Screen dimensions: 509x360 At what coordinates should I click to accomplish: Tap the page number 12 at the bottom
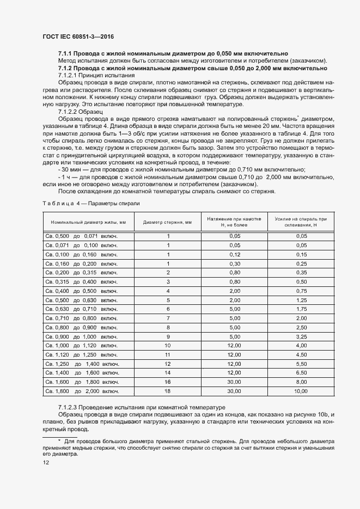46,463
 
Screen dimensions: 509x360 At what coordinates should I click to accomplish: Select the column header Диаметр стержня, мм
167,222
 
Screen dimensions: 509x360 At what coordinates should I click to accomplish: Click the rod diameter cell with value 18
168,391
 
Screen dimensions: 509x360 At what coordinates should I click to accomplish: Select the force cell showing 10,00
301,391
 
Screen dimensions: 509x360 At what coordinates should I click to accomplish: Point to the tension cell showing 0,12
235,254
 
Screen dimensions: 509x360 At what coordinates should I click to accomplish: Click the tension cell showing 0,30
235,263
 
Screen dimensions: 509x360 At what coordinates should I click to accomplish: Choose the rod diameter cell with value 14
168,372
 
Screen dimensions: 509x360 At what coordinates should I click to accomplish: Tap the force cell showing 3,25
301,336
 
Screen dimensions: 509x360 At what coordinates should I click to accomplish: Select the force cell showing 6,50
301,372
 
